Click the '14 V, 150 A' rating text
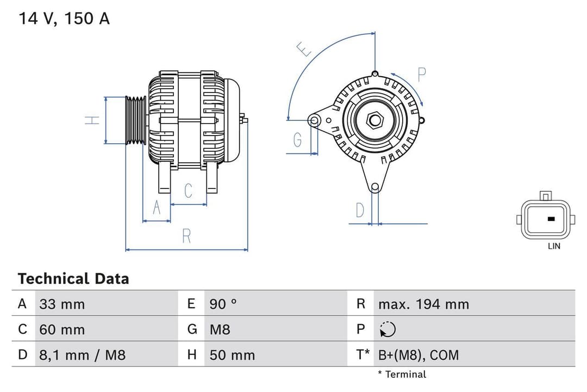point(64,19)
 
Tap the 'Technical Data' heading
point(73,279)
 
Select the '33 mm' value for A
point(62,304)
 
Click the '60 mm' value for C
point(62,329)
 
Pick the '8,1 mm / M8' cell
point(82,355)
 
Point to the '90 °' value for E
point(223,304)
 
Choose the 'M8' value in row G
point(220,329)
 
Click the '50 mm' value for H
point(232,355)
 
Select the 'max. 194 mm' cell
point(423,304)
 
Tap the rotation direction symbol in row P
point(388,329)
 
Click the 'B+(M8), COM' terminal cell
point(419,355)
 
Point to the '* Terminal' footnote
point(402,375)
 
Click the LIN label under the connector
point(554,246)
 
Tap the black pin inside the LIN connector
point(551,219)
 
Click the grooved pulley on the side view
point(135,120)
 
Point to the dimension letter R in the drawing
point(186,236)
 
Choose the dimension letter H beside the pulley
point(93,120)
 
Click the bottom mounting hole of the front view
point(374,187)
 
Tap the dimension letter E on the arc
point(304,50)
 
